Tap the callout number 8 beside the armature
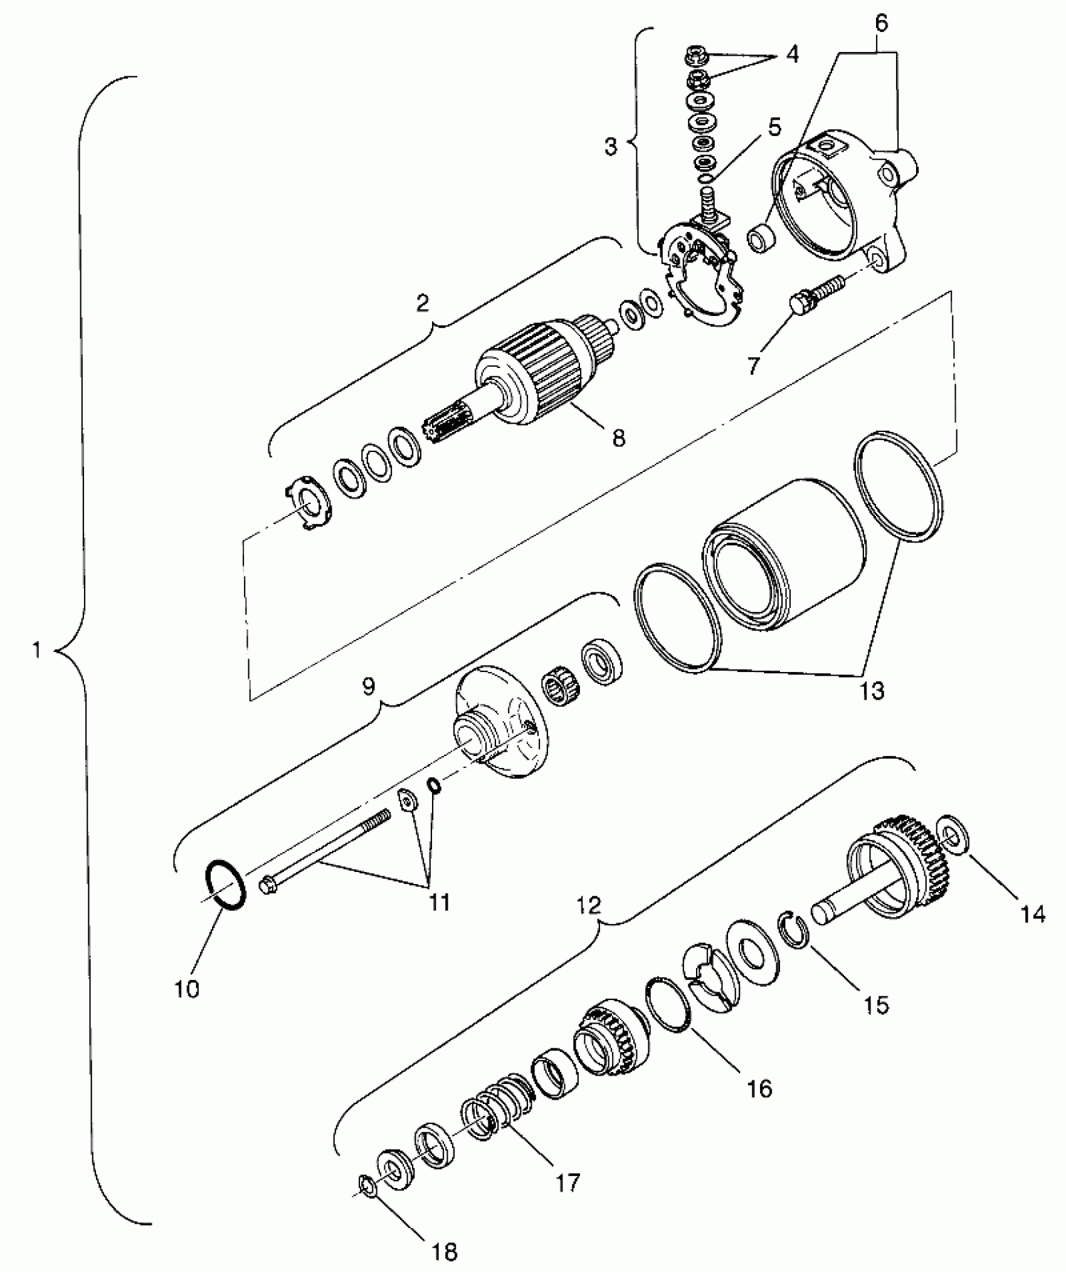pyautogui.click(x=618, y=438)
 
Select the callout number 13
pyautogui.click(x=872, y=691)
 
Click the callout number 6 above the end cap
pyautogui.click(x=881, y=23)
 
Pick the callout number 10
pyautogui.click(x=187, y=989)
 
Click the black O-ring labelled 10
pyautogui.click(x=224, y=884)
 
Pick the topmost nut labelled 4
pyautogui.click(x=695, y=52)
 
